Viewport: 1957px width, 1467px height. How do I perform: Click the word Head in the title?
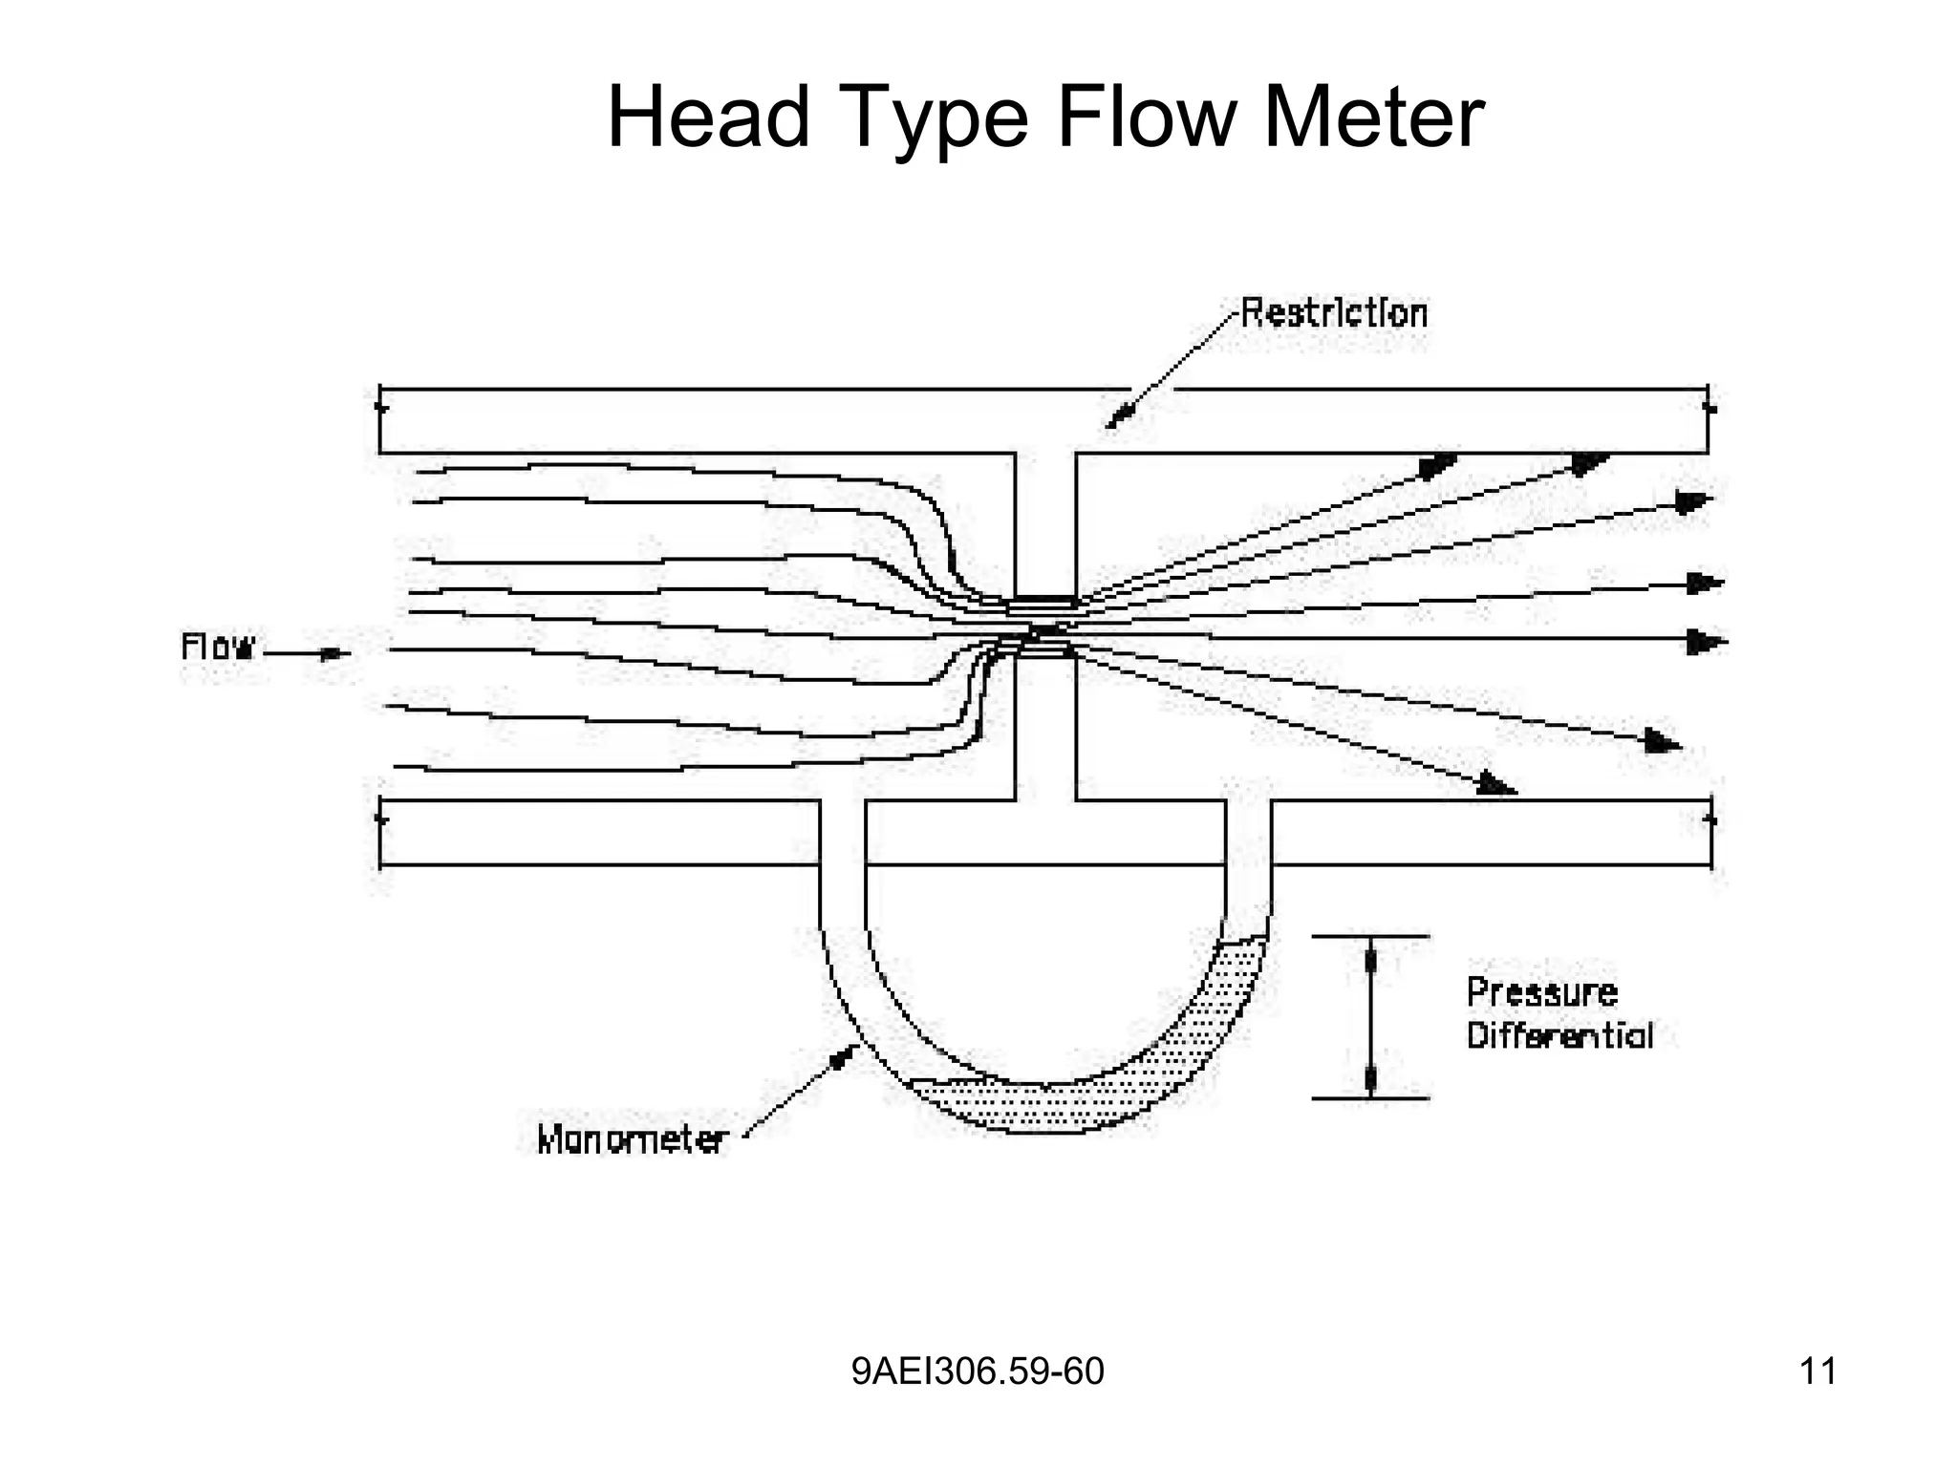(708, 117)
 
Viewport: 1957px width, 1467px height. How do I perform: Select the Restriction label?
(1333, 314)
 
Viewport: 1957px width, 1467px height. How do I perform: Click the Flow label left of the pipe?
(218, 648)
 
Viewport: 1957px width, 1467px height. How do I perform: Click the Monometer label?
(633, 1139)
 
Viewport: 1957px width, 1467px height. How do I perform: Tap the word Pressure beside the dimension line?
(1541, 992)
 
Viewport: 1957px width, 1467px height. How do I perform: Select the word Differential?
(1559, 1036)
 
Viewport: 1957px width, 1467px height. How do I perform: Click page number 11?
(1817, 1371)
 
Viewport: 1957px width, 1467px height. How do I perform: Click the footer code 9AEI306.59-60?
(978, 1371)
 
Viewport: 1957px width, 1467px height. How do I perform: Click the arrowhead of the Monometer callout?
(843, 1056)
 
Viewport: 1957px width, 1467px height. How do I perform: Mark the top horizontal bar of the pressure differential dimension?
(1370, 937)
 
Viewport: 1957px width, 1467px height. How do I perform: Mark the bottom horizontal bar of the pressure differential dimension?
(1370, 1099)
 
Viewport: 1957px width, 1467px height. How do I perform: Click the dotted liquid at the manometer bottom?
(1032, 1108)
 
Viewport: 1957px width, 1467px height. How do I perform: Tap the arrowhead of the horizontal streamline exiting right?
(1705, 642)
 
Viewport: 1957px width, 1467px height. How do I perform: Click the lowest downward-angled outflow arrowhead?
(1496, 786)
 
